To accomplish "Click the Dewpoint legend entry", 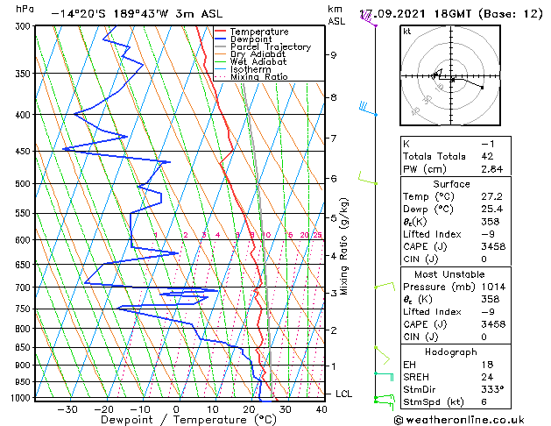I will [255, 39].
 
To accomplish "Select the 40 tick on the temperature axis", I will [321, 409].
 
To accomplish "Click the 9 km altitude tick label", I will [333, 55].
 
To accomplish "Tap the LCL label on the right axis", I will [343, 394].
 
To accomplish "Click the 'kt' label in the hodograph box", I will [407, 31].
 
